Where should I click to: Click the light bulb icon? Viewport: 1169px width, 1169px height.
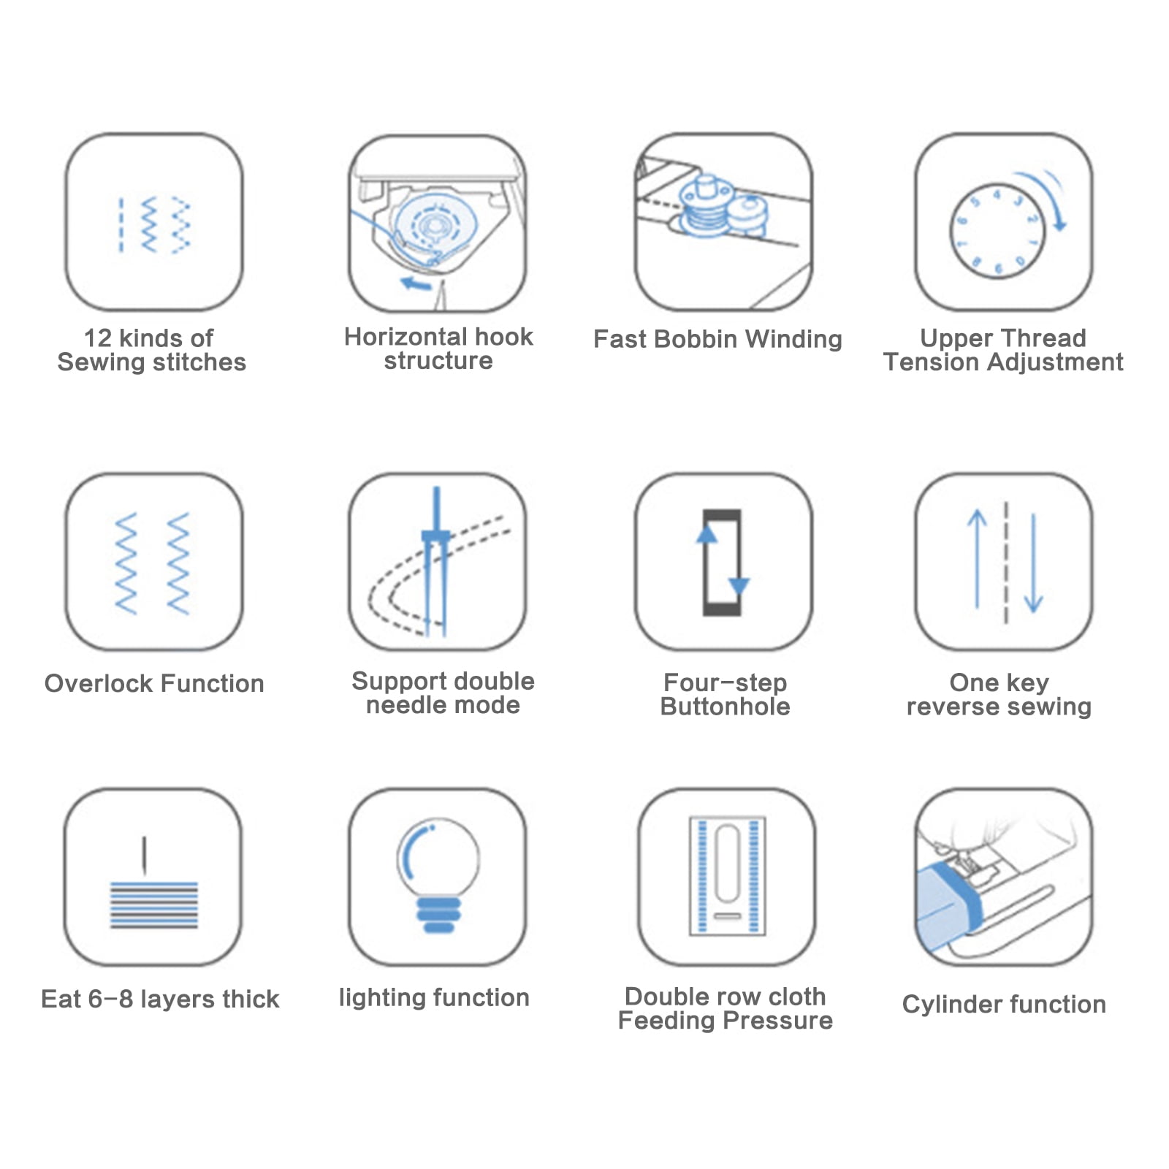pyautogui.click(x=438, y=875)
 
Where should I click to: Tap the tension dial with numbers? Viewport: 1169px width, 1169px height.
pyautogui.click(x=997, y=232)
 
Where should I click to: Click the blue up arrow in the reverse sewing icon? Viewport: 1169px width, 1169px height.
pyautogui.click(x=977, y=559)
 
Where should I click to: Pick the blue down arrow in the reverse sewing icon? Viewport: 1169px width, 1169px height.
pyautogui.click(x=1033, y=563)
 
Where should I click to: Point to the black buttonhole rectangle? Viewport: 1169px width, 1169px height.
pyautogui.click(x=722, y=562)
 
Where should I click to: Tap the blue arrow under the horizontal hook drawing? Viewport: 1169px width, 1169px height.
pyautogui.click(x=416, y=283)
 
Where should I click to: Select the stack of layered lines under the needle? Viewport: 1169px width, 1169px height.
pyautogui.click(x=153, y=905)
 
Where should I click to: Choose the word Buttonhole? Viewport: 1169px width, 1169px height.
pyautogui.click(x=725, y=707)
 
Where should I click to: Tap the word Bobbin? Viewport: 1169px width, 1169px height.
pyautogui.click(x=696, y=339)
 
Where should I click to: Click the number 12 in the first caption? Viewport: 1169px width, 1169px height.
pyautogui.click(x=98, y=338)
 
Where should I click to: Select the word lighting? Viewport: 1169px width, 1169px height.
pyautogui.click(x=383, y=999)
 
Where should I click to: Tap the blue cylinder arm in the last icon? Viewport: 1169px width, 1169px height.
pyautogui.click(x=948, y=905)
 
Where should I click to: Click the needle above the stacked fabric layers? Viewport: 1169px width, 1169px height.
pyautogui.click(x=144, y=856)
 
